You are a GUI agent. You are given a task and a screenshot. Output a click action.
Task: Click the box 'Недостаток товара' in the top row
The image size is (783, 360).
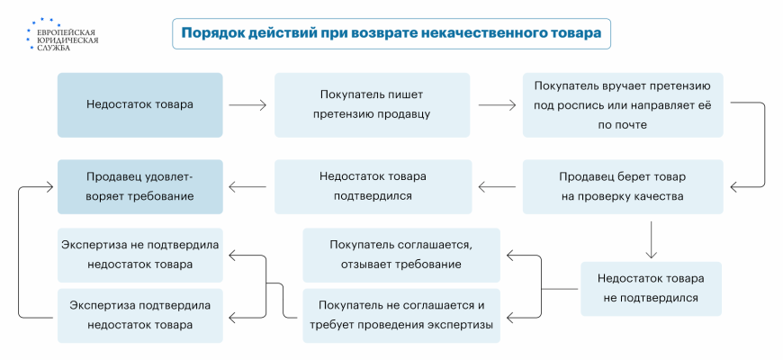click(139, 104)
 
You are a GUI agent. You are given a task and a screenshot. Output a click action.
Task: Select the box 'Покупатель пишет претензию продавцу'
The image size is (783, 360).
click(372, 104)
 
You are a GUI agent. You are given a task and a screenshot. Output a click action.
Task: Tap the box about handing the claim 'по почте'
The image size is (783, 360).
click(622, 104)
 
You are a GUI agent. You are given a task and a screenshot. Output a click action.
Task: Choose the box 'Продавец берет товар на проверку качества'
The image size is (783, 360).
click(621, 186)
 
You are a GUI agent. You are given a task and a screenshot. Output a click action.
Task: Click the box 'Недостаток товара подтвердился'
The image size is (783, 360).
click(373, 186)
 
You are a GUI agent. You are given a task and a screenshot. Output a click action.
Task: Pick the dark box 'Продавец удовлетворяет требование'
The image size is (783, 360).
click(139, 186)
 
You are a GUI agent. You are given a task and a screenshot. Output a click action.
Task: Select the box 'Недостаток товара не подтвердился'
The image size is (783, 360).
click(651, 288)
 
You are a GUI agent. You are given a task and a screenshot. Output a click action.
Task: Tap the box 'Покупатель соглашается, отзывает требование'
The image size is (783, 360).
click(400, 255)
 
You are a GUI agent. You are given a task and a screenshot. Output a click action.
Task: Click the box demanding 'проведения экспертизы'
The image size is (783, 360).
click(400, 315)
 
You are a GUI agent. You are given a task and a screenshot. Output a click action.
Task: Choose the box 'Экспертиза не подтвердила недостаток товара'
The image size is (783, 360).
click(139, 255)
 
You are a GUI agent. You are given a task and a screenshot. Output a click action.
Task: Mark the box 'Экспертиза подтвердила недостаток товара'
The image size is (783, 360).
click(139, 315)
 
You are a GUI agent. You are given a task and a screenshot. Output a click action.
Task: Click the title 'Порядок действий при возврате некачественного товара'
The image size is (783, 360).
click(391, 34)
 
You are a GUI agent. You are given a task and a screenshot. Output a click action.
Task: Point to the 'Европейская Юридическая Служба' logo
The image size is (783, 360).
click(65, 34)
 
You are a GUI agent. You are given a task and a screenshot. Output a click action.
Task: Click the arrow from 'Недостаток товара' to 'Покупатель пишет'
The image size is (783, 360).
click(247, 104)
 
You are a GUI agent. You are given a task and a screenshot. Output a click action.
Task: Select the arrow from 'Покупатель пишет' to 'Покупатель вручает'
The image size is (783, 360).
click(496, 104)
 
